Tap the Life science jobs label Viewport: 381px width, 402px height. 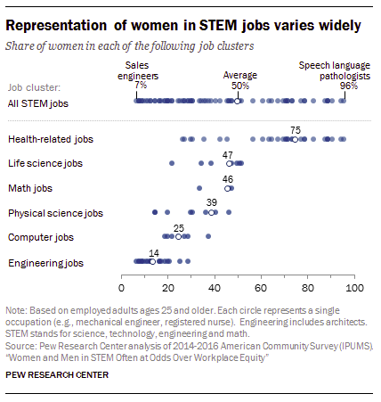click(x=45, y=164)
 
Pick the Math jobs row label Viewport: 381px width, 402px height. click(x=31, y=189)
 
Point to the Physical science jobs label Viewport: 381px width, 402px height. click(x=55, y=214)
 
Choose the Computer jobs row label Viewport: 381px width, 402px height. click(x=39, y=238)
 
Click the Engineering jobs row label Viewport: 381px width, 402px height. click(x=45, y=263)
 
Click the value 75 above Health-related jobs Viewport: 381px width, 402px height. click(x=295, y=129)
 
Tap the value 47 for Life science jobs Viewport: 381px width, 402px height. click(x=229, y=154)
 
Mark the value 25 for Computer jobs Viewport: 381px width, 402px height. click(x=178, y=228)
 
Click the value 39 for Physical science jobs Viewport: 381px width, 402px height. click(x=211, y=203)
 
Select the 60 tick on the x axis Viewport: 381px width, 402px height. click(x=262, y=289)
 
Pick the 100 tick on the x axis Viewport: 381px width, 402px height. click(x=354, y=289)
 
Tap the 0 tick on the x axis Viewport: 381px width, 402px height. click(x=121, y=289)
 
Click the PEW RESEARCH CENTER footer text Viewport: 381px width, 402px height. click(x=57, y=374)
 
